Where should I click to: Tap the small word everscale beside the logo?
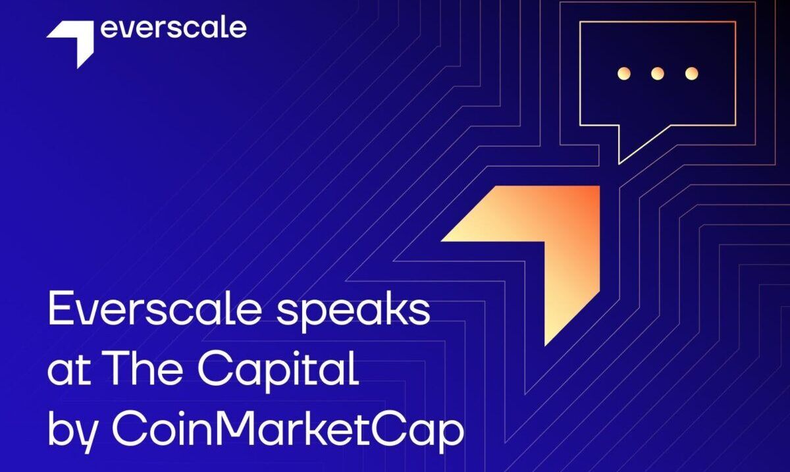(174, 29)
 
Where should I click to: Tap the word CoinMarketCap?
(288, 431)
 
